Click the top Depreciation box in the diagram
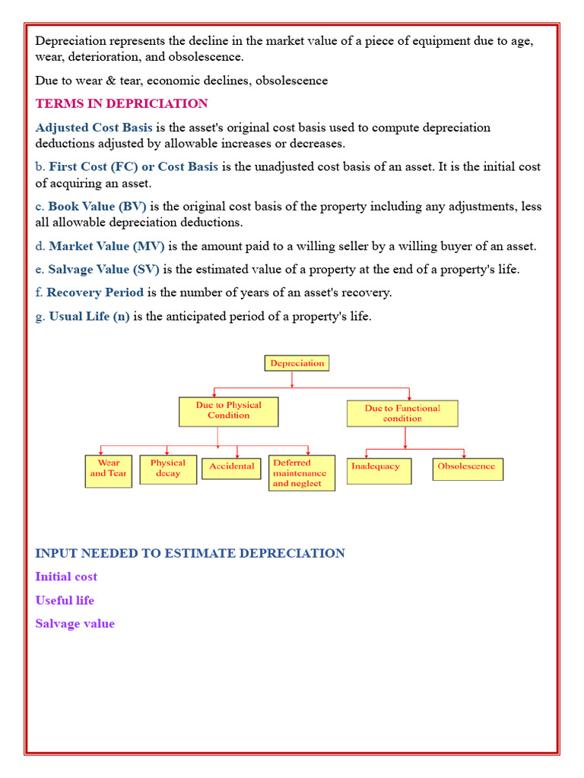(x=297, y=363)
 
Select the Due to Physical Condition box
(x=228, y=411)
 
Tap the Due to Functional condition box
(x=402, y=413)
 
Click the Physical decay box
(x=168, y=468)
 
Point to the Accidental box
(x=231, y=466)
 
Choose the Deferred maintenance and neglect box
(x=301, y=473)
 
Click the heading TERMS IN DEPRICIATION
(x=122, y=103)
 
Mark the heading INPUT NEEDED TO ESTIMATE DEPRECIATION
(x=190, y=553)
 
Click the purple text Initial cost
(x=66, y=577)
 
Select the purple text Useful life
(x=65, y=600)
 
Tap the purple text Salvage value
(x=75, y=624)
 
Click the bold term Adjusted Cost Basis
(x=94, y=128)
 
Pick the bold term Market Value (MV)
(x=106, y=246)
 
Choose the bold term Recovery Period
(x=95, y=293)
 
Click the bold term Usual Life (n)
(x=89, y=316)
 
